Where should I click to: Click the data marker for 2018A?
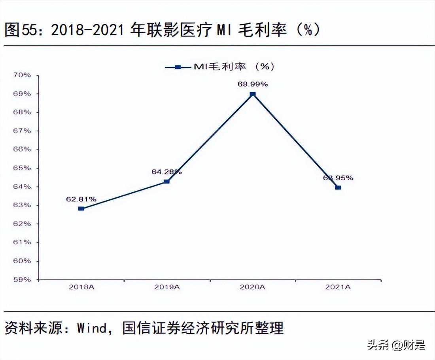coord(81,208)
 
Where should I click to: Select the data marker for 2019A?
coord(166,182)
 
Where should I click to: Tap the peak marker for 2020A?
coord(253,94)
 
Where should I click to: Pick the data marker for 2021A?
coord(338,188)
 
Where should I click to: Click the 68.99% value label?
coord(253,84)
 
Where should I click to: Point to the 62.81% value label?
coord(81,199)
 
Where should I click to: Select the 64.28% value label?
coord(166,172)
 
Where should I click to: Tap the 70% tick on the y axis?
coord(23,75)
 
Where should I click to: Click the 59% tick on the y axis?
coord(23,279)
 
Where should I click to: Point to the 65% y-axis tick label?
coord(23,168)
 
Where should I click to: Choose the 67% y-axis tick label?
coord(23,131)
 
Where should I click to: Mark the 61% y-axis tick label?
coord(23,242)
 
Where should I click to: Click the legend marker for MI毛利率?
coord(178,67)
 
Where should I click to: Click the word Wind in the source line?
coord(92,328)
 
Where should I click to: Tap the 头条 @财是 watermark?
coord(396,345)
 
